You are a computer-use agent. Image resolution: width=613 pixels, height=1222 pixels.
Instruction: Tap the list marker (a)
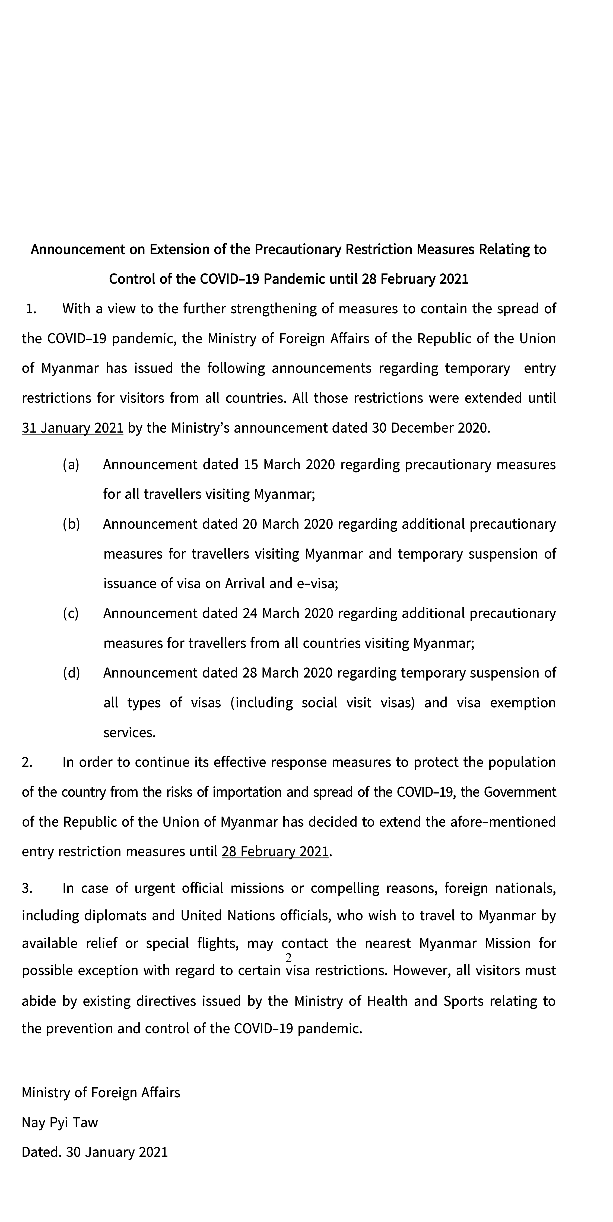[71, 464]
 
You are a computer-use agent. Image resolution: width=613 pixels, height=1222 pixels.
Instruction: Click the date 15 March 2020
[289, 464]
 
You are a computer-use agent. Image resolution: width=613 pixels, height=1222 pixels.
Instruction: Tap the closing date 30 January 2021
[117, 1152]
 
